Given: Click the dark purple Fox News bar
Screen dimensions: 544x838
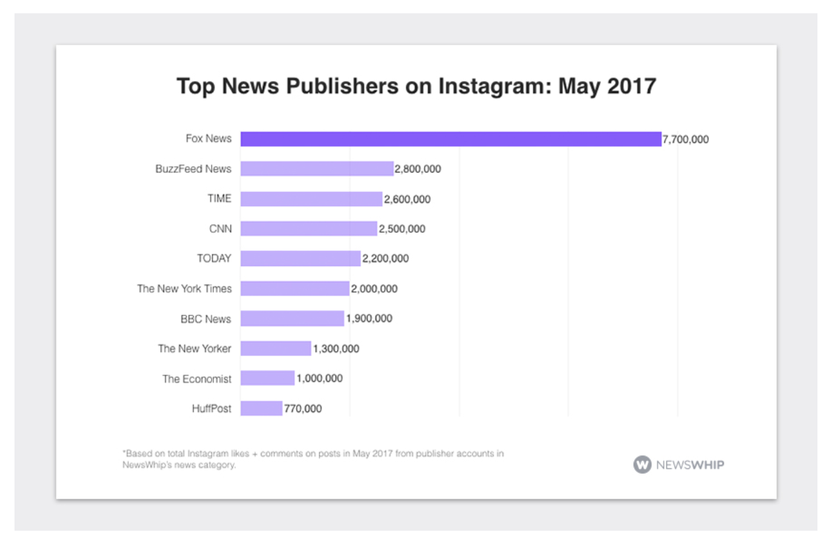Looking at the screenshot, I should pyautogui.click(x=450, y=139).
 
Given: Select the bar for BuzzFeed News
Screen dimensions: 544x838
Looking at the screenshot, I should pyautogui.click(x=317, y=169).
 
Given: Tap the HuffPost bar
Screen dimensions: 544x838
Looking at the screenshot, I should pyautogui.click(x=261, y=409).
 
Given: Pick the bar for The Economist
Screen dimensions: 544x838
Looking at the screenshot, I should pyautogui.click(x=267, y=378).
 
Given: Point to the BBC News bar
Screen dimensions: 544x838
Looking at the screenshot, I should pyautogui.click(x=292, y=319).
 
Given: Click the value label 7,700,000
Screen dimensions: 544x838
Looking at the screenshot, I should pyautogui.click(x=686, y=140).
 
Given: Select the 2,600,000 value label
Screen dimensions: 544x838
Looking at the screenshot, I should pyautogui.click(x=407, y=199).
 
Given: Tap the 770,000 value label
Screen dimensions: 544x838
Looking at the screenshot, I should pyautogui.click(x=303, y=409).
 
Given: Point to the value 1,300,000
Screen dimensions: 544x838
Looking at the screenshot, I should pyautogui.click(x=336, y=349).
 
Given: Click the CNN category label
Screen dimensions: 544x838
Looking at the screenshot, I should pyautogui.click(x=220, y=229).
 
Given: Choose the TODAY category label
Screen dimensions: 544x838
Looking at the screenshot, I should pyautogui.click(x=214, y=259).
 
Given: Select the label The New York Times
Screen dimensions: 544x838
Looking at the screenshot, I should pyautogui.click(x=184, y=289).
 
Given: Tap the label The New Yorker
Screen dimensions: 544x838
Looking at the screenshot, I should pyautogui.click(x=195, y=349).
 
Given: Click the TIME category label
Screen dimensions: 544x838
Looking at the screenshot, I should pyautogui.click(x=219, y=199).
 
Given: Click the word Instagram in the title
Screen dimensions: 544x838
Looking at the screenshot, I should pyautogui.click(x=495, y=86).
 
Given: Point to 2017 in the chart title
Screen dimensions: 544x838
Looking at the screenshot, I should pyautogui.click(x=631, y=86).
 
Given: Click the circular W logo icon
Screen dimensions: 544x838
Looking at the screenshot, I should pyautogui.click(x=642, y=465).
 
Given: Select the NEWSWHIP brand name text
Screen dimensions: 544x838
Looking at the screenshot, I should pyautogui.click(x=690, y=465).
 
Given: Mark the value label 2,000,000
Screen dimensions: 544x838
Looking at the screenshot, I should pyautogui.click(x=374, y=289).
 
